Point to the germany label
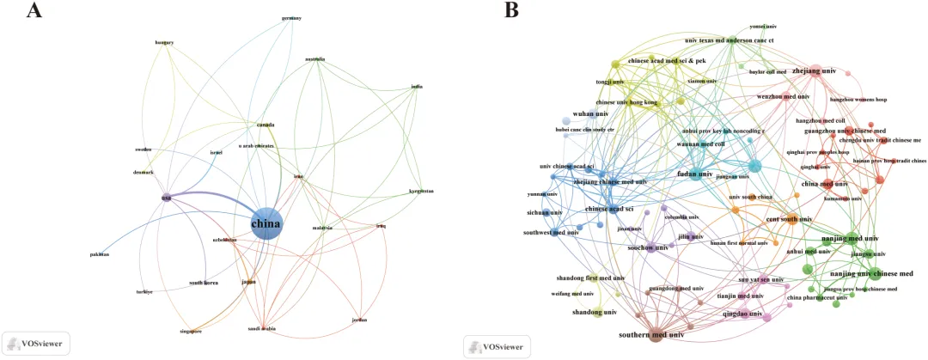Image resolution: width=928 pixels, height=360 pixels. (291, 19)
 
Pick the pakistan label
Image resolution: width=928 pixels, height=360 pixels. (100, 254)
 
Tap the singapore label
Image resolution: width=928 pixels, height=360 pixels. (190, 331)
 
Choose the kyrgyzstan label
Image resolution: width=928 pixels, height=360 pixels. (421, 191)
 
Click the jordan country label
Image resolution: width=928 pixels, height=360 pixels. (359, 320)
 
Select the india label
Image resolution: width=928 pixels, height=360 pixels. (417, 86)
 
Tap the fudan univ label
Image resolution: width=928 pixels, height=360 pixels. (696, 174)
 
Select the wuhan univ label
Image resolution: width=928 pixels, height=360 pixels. (590, 113)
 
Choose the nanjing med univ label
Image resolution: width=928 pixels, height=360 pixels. (851, 238)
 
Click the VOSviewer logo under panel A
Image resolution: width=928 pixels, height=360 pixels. (36, 343)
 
